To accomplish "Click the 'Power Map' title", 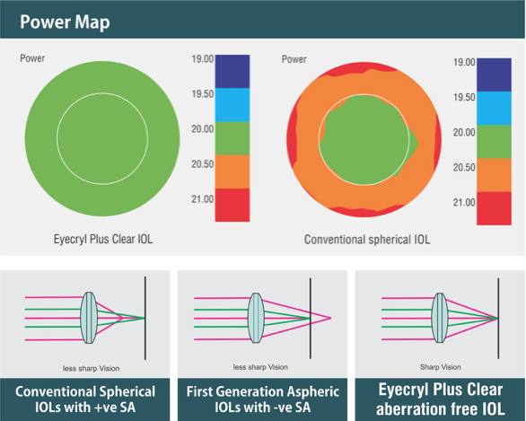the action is point(65,22).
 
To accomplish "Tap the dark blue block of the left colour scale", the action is point(232,72).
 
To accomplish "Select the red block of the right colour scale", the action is point(494,208).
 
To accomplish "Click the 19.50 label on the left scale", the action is point(202,94).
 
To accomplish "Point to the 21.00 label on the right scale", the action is point(464,202).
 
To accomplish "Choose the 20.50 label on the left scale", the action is point(202,164).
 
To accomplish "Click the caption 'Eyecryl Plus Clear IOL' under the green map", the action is point(103,239).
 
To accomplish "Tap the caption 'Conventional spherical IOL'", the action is point(367,240).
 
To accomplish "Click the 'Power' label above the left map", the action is point(32,58).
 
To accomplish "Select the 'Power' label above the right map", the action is point(294,59).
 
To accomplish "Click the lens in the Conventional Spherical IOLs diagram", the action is point(89,318).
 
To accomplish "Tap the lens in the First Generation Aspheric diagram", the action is point(256,318).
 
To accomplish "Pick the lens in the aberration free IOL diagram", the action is point(440,318).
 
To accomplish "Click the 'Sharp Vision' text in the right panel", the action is point(441,367).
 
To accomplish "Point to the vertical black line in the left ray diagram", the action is point(145,318).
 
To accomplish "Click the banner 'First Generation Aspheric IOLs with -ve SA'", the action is point(263,399).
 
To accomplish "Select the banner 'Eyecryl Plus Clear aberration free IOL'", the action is point(441,399).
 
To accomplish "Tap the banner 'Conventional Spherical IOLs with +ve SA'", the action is point(85,399).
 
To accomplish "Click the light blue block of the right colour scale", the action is point(494,109).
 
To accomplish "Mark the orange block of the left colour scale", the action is point(232,171).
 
